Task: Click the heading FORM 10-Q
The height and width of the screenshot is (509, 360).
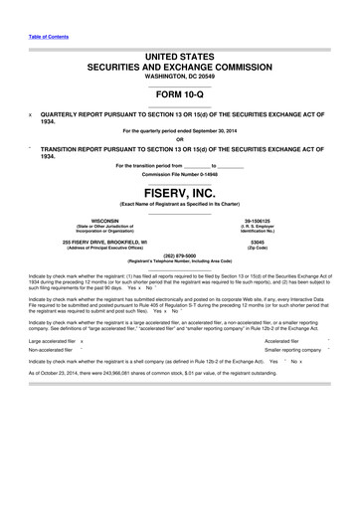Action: [179, 95]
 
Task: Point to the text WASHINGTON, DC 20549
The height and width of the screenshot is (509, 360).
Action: [179, 76]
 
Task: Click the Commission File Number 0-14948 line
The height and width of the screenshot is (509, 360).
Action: [179, 173]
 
